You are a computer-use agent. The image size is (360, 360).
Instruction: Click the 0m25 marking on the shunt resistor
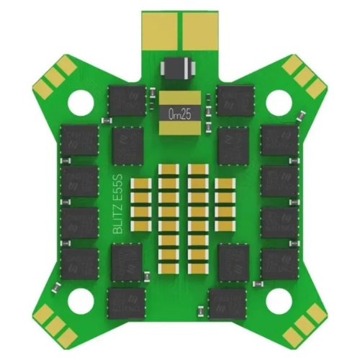click(180, 114)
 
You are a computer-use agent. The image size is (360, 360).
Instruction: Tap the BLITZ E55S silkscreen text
click(118, 204)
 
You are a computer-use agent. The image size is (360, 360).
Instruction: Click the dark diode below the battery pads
click(178, 68)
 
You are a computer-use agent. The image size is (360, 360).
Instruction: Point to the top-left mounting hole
click(81, 102)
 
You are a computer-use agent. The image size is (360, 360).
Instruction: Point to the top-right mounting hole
click(279, 102)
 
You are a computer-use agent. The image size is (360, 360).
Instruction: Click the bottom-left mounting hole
click(81, 300)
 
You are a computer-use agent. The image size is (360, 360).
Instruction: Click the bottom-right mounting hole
click(279, 300)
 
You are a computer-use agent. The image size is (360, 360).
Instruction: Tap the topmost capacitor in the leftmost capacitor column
click(141, 184)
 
